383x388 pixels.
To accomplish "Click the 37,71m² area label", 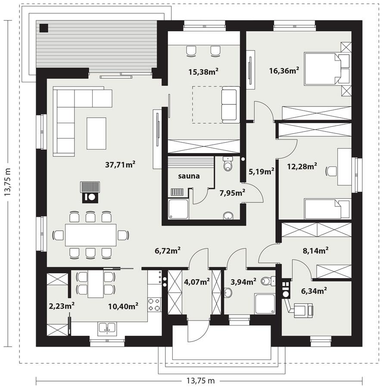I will point(121,164).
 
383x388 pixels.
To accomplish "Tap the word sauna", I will point(189,176).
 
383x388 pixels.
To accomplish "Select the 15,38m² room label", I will point(203,72).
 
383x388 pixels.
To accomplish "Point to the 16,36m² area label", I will point(284,70).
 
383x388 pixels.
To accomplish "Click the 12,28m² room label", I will point(302,166).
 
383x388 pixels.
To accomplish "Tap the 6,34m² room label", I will point(312,291).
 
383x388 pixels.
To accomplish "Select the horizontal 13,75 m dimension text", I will point(200,381).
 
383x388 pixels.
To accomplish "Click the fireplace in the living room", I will point(90,192).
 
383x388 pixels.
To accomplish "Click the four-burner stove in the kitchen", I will point(154,304).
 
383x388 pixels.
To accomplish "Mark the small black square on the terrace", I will point(44,28).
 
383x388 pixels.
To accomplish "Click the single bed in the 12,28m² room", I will point(327,209).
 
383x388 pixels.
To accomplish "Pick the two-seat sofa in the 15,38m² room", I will point(230,105).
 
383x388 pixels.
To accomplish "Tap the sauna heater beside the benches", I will point(177,192).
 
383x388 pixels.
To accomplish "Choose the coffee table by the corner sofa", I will point(96,133).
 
